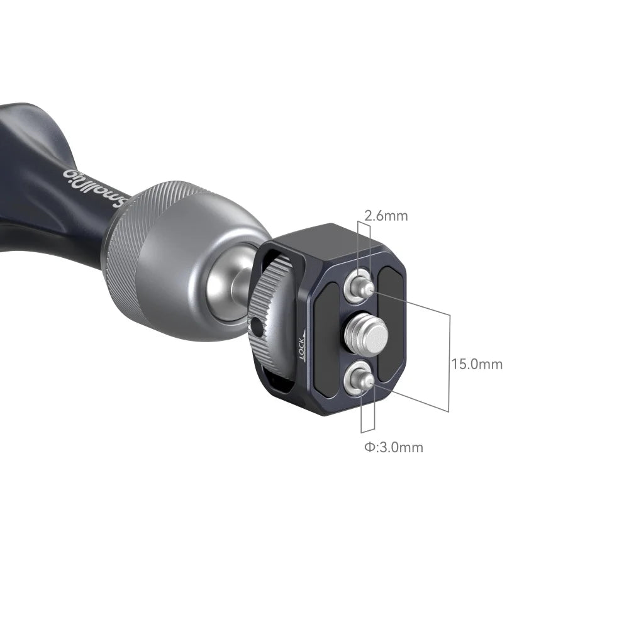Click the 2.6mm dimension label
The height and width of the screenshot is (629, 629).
386,216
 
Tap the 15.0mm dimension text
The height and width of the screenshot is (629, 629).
477,364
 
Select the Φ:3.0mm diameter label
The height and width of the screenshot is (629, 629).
393,447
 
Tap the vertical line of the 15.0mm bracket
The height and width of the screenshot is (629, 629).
450,363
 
